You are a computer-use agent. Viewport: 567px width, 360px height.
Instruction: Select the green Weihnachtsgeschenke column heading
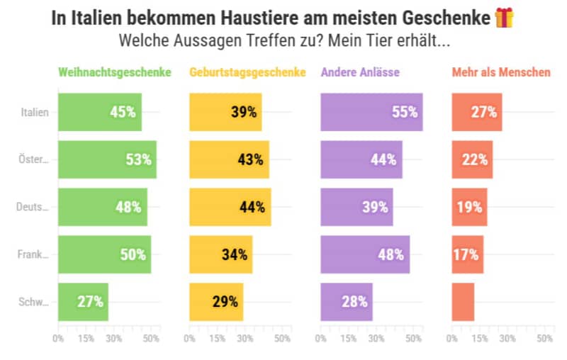pos(115,72)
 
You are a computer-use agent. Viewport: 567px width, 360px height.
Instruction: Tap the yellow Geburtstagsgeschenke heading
pos(247,72)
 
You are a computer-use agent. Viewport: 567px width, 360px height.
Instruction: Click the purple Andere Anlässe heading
pos(360,72)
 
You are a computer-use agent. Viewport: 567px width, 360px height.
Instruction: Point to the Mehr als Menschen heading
pos(500,72)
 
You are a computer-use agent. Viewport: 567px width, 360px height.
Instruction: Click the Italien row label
pos(35,112)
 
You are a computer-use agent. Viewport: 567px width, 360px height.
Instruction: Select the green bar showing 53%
pos(107,159)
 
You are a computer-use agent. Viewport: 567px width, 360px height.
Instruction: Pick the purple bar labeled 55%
pos(371,112)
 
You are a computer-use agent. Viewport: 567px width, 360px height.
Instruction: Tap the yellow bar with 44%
pos(230,207)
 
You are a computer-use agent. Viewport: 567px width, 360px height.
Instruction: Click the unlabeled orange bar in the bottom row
pos(463,302)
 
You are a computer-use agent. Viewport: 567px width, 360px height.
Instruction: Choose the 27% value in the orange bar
pos(484,112)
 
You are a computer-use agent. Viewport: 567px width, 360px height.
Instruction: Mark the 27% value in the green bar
pos(91,301)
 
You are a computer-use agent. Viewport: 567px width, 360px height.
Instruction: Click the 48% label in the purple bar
pos(391,254)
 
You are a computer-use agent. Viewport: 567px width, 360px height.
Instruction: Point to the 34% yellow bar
pos(220,254)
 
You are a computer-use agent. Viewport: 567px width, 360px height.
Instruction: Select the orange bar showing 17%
pos(468,254)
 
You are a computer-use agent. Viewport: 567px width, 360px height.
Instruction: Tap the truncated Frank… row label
pos(33,254)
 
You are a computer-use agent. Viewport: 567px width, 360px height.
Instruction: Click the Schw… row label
pos(34,302)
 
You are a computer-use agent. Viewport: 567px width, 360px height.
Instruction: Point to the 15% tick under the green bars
pos(86,339)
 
